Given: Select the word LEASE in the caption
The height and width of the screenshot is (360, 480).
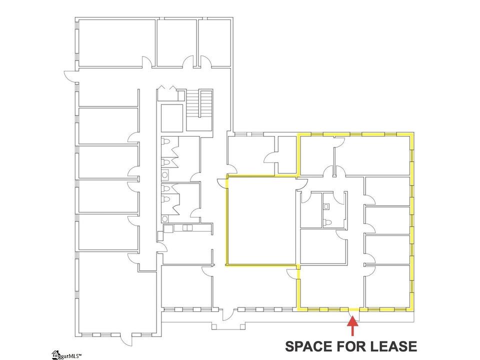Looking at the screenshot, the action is tap(393, 346).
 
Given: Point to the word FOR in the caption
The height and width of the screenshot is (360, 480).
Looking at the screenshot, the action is tap(350, 346).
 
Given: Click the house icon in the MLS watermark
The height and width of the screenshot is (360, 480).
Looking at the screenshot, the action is tap(55, 355).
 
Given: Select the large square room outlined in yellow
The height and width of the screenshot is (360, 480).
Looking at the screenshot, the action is tap(261, 220).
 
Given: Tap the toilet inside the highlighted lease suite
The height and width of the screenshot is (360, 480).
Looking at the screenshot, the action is tap(327, 221).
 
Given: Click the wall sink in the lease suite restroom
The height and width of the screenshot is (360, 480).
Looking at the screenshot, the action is tap(326, 206).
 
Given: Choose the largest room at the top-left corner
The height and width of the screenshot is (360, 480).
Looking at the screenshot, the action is tap(116, 43).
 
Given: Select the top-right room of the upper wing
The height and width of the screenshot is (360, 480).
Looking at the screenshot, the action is tap(214, 43).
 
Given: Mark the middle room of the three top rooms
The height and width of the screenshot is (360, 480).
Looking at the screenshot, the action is tap(176, 43).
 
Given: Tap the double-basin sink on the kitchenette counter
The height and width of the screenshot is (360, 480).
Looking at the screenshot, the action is tap(187, 228).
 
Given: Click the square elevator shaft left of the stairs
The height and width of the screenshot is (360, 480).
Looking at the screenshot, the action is tap(172, 118).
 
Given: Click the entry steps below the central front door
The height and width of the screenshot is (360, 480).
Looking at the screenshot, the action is tap(228, 326).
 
